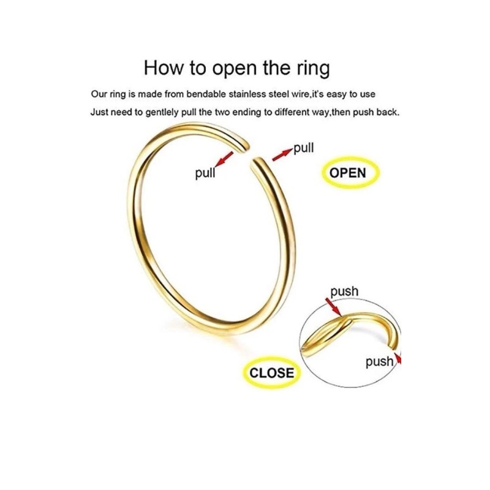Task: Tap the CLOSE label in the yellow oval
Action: [x=271, y=372]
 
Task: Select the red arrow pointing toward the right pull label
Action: [x=282, y=154]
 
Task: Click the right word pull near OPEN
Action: [x=304, y=148]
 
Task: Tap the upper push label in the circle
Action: [x=344, y=292]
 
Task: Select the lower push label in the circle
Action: [x=379, y=361]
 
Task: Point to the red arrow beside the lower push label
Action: [x=399, y=358]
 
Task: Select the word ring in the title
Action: [x=311, y=68]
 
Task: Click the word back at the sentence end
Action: [x=387, y=113]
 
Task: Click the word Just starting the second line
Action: [x=100, y=113]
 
